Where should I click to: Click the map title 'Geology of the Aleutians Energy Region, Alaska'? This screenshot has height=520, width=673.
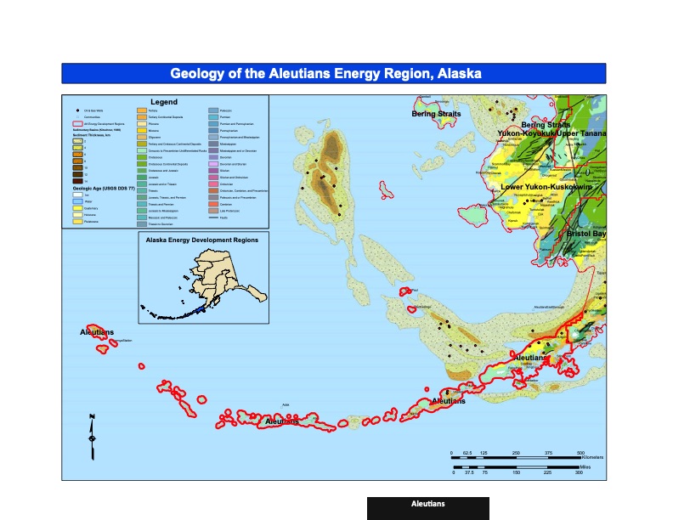[325, 73]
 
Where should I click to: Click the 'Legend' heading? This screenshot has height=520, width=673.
[164, 102]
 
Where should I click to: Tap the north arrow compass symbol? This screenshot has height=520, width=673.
[92, 434]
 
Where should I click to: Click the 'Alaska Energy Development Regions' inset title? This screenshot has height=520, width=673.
[202, 240]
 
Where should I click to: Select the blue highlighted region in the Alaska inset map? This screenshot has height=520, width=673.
[201, 311]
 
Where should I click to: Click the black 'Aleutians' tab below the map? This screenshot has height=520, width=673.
[427, 505]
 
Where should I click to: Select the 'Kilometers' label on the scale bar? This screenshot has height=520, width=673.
[585, 457]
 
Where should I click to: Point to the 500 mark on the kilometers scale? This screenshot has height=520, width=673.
[580, 452]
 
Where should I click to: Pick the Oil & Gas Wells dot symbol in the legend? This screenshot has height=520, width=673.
[76, 111]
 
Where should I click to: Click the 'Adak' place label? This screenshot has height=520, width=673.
[286, 404]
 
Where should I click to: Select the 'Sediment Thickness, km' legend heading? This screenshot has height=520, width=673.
[93, 136]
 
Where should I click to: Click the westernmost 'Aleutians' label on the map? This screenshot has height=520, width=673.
[97, 332]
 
